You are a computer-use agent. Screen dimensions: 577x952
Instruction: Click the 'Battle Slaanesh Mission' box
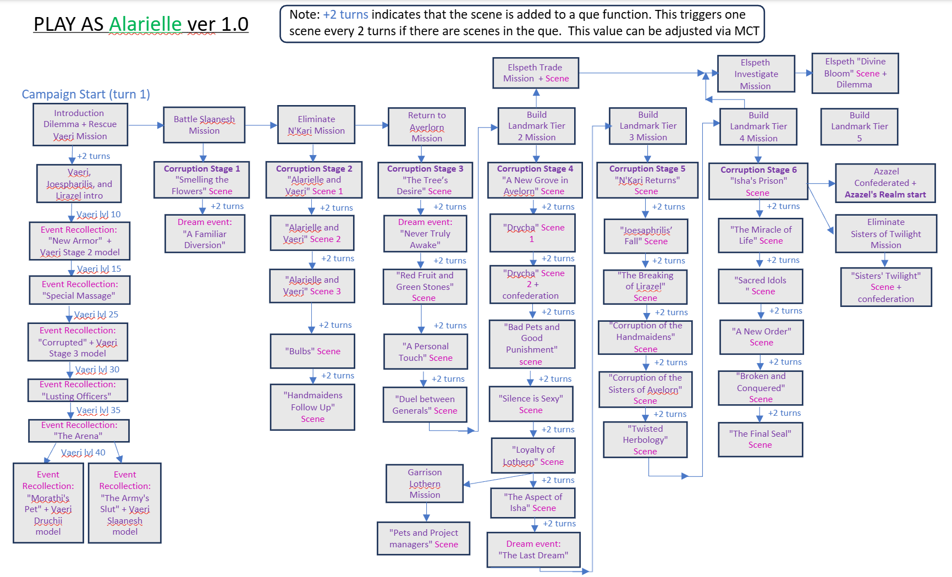[204, 125]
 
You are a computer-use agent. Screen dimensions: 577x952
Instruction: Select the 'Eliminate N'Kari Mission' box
[316, 125]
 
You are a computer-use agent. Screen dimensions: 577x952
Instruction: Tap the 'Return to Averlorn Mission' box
[427, 127]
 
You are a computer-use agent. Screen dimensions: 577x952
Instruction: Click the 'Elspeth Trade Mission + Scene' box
[536, 73]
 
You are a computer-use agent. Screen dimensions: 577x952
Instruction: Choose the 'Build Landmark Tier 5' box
[859, 127]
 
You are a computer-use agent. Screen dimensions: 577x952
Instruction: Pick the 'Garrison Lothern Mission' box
[425, 483]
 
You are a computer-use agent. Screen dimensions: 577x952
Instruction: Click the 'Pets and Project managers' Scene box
[423, 538]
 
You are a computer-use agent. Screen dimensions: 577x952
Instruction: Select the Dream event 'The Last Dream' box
[533, 549]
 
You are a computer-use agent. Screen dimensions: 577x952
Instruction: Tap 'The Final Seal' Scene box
[760, 439]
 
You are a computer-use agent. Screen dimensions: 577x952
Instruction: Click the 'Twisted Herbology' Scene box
[645, 439]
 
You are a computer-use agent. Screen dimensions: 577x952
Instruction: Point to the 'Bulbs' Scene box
[312, 351]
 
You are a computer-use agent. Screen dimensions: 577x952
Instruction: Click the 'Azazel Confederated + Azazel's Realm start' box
[885, 183]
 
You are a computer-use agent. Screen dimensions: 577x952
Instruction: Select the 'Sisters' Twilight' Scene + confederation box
[885, 287]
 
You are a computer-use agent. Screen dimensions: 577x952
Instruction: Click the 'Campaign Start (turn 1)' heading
[86, 94]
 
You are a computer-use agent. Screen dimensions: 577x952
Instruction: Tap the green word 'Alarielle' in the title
[145, 24]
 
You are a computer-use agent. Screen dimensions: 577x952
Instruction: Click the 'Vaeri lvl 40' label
[83, 453]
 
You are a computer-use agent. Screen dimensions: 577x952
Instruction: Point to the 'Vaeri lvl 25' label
[96, 315]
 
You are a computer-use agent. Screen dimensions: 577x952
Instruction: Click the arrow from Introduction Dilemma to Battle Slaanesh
[146, 125]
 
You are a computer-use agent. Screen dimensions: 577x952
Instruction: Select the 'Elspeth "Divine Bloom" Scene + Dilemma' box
[855, 73]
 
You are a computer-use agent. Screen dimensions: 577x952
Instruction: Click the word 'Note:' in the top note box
[305, 15]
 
